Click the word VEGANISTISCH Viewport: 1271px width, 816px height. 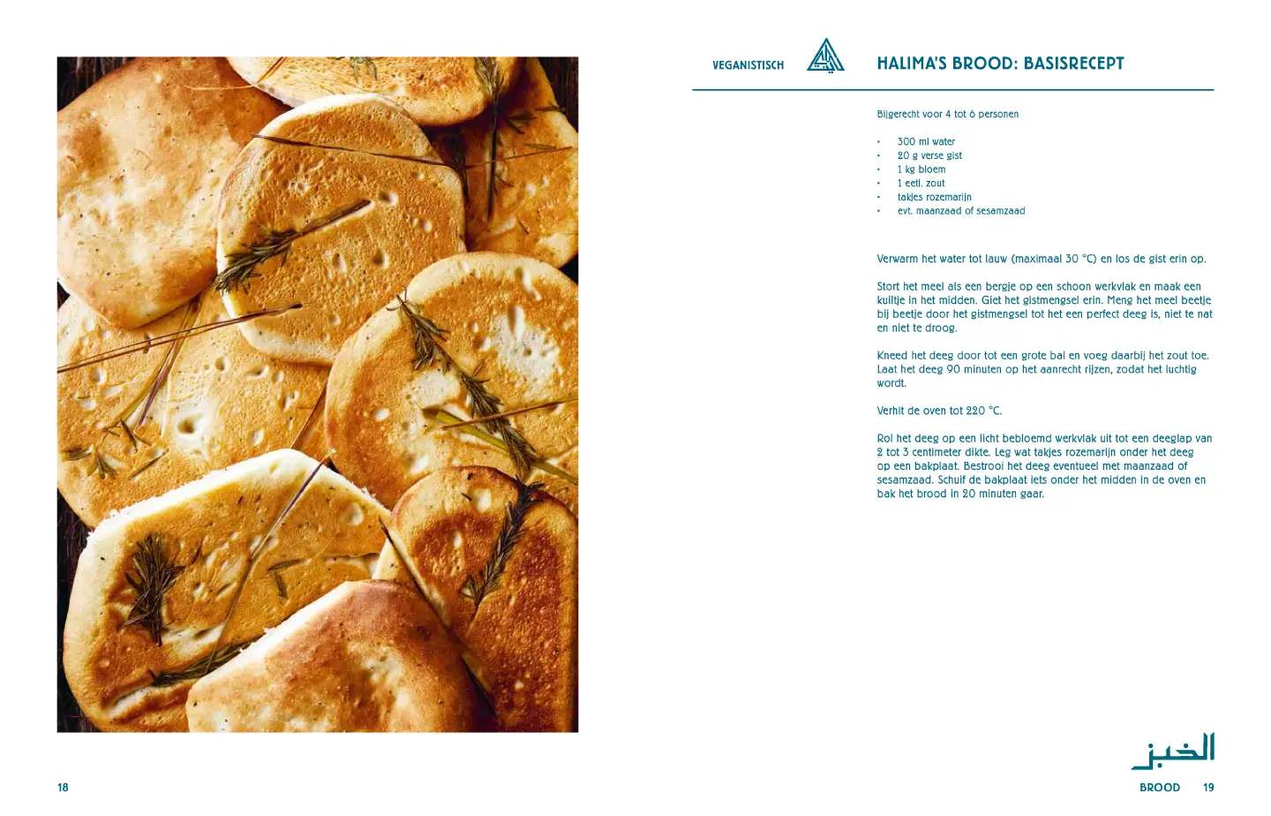coord(748,65)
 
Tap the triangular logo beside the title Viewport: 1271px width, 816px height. coord(825,57)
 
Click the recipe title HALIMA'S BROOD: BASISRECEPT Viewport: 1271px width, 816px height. coord(1000,64)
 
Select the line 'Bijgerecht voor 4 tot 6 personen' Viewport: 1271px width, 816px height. coord(947,114)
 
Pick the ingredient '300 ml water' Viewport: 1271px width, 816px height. coord(926,141)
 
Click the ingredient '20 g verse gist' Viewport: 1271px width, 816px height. coord(929,155)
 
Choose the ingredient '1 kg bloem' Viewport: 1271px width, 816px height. coord(921,170)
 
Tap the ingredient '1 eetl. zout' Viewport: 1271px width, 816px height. coord(921,184)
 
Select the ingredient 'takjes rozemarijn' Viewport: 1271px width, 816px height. coord(934,197)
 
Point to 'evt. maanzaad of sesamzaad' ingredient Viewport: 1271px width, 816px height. coord(960,211)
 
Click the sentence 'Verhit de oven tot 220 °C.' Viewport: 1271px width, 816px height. coord(939,411)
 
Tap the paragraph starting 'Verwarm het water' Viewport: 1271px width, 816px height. coord(1041,259)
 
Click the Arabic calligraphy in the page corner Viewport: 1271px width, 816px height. coord(1173,751)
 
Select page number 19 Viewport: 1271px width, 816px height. coord(1208,788)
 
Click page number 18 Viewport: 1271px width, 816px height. coord(63,788)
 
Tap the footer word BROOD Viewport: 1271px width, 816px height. coord(1159,788)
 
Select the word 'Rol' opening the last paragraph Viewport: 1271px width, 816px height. coord(884,439)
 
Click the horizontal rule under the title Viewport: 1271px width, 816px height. coord(952,90)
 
